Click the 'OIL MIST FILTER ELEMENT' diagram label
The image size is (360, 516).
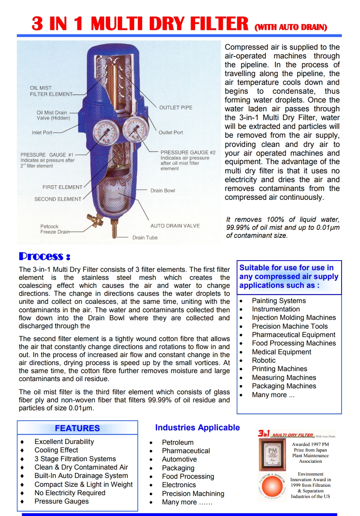pos(51,91)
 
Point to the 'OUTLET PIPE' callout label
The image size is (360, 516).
pos(175,108)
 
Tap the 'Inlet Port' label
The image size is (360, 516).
pos(42,133)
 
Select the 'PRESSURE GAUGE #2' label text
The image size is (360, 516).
pos(188,153)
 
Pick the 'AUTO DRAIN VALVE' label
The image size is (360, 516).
pos(175,226)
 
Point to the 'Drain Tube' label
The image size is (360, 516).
pos(145,238)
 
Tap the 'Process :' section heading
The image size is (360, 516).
pos(45,256)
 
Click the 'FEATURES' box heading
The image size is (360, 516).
pos(77,428)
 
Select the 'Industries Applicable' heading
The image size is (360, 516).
pos(197,428)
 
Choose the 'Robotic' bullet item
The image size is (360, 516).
pos(263,360)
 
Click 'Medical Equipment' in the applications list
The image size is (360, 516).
pos(281,352)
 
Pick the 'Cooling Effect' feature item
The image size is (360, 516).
pos(56,450)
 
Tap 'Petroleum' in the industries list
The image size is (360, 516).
pos(177,442)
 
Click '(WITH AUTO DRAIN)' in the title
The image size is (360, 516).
pos(291,28)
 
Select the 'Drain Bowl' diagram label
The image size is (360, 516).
pos(163,191)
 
